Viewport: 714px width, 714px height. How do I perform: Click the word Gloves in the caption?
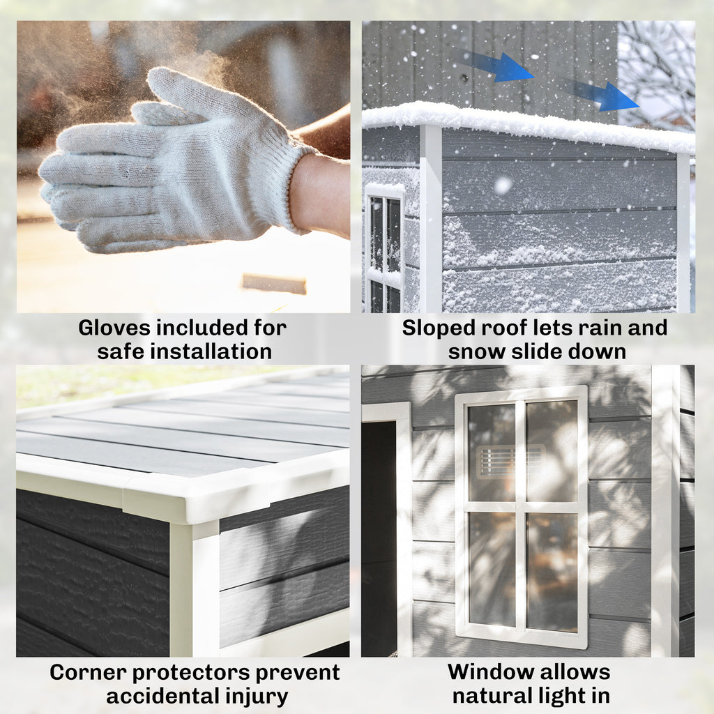pos(114,328)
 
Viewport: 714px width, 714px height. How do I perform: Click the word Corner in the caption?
pos(88,673)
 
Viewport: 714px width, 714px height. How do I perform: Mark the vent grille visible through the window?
pos(510,462)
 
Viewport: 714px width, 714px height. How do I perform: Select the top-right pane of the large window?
pos(552,451)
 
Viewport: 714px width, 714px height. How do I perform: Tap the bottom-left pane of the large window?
pos(492,569)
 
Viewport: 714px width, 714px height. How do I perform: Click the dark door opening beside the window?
pos(379,538)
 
